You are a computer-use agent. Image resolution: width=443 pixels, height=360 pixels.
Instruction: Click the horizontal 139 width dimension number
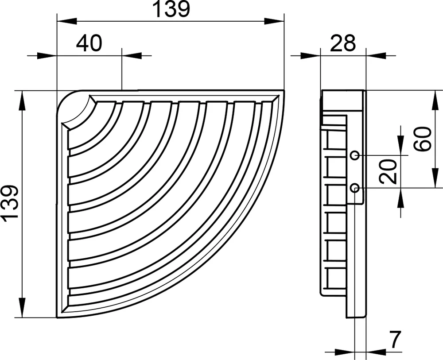click(171, 10)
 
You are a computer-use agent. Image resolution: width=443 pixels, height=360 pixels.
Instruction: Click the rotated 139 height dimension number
click(10, 203)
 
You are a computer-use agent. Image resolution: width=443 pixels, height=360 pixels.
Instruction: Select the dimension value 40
click(89, 43)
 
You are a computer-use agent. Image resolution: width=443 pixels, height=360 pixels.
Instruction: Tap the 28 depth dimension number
click(343, 43)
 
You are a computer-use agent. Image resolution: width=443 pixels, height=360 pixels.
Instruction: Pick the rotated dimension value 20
click(388, 171)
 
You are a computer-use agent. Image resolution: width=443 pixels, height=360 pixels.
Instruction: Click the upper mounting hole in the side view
click(354, 155)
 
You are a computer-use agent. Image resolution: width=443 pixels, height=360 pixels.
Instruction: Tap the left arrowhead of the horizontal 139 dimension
click(66, 21)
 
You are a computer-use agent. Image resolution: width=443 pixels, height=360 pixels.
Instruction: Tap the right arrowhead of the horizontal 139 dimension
click(275, 21)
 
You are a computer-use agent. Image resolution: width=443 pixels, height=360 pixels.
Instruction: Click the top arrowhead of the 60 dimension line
click(432, 100)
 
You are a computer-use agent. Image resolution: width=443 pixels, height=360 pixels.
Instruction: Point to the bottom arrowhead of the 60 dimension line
click(432, 178)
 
